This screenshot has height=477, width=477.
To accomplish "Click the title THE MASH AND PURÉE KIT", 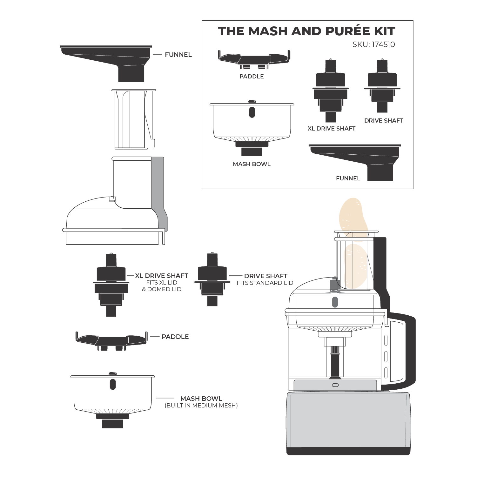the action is tap(306, 31).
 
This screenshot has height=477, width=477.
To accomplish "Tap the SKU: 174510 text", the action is tap(373, 44).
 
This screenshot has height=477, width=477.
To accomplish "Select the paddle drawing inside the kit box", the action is tap(254, 59).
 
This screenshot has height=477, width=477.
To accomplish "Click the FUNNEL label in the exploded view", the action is tap(178, 55).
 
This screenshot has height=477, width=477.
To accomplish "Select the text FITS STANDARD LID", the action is tap(265, 283).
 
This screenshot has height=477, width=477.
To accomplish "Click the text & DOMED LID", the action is tap(162, 289).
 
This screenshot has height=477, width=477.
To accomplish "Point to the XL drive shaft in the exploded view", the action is tap(111, 285).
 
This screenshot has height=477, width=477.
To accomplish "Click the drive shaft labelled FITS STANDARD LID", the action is tap(212, 279).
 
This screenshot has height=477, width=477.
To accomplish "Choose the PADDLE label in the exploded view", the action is tap(175, 337).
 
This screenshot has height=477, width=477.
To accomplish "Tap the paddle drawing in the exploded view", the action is tap(111, 341).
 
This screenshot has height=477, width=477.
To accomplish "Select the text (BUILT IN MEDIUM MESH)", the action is tap(201, 406).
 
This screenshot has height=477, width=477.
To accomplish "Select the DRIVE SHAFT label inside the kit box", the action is tap(384, 121).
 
